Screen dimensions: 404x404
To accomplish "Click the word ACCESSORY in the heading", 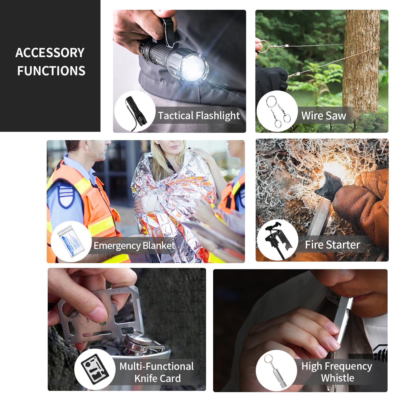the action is (50, 53).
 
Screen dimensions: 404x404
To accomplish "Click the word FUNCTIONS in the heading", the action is (51, 71).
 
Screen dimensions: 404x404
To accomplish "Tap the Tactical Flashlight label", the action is (199, 116).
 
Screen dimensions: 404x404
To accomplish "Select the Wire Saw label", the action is (323, 116).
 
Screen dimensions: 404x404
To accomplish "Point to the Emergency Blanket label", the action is (134, 245).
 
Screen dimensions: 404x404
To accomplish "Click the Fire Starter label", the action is (332, 245).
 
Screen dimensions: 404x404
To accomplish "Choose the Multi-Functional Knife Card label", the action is (157, 372).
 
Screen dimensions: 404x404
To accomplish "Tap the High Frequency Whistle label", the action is (337, 372).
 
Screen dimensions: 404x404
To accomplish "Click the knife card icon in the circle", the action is (95, 369).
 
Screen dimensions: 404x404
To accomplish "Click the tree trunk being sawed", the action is (362, 61).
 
